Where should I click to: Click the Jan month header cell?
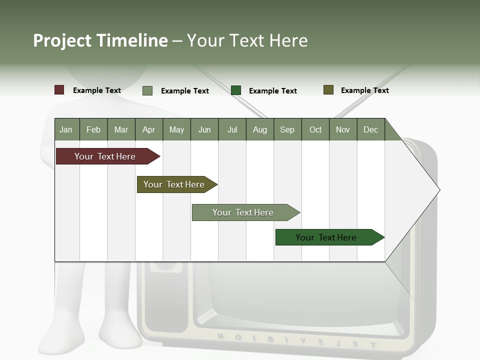tap(66, 129)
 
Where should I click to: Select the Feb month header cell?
tap(93, 129)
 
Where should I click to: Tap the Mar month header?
tap(121, 129)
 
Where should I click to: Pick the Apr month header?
tap(149, 129)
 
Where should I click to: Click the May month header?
tap(176, 129)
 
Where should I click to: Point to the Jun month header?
tap(204, 129)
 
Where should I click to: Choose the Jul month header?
tap(232, 129)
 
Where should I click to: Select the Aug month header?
tap(260, 129)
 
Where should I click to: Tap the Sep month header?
tap(287, 129)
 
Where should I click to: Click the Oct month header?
tap(315, 129)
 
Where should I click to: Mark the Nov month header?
tap(343, 129)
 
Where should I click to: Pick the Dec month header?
tap(371, 129)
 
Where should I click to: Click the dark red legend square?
tap(59, 90)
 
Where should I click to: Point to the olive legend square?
tap(328, 90)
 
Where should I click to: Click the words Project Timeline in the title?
tap(100, 40)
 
